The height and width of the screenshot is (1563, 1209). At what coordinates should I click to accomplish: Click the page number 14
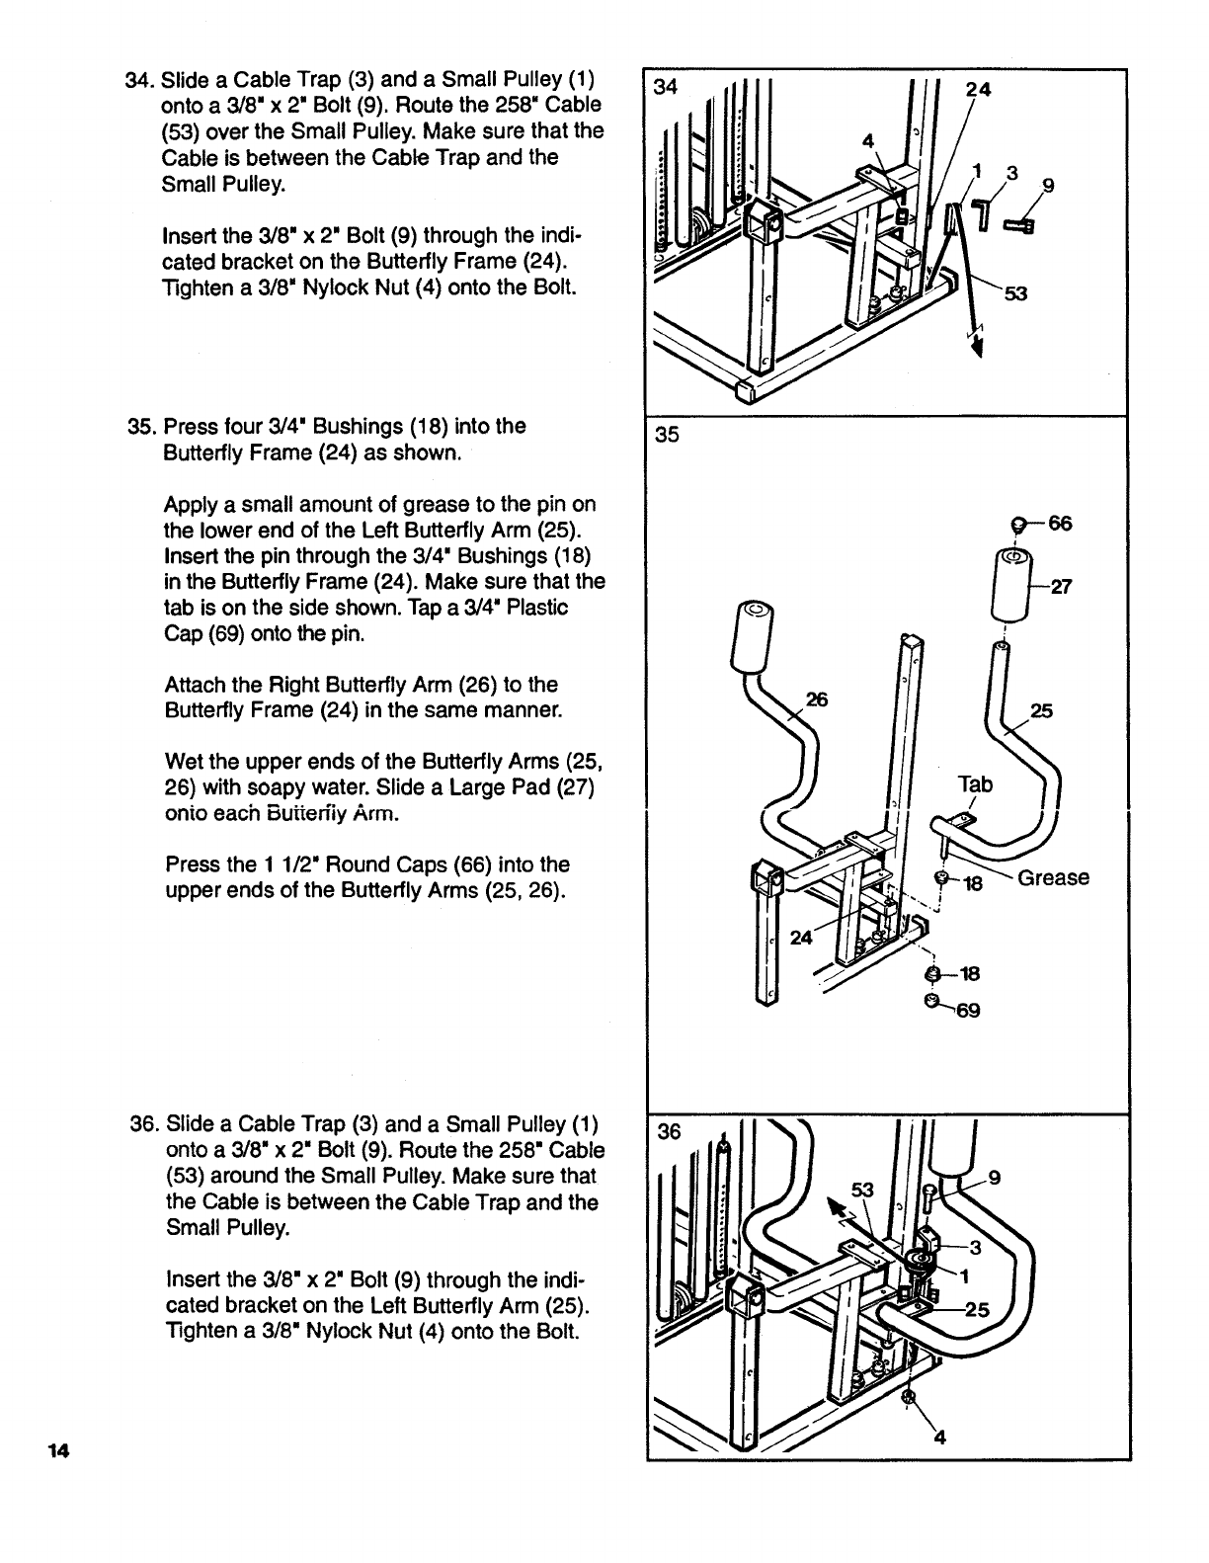[58, 1450]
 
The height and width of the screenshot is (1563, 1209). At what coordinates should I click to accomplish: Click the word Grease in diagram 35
[1053, 877]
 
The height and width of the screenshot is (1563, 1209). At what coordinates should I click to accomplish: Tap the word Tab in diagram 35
[975, 784]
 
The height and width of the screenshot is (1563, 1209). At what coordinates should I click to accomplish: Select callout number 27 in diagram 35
[1060, 587]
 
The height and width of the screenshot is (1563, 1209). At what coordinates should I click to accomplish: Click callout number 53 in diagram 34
[1016, 293]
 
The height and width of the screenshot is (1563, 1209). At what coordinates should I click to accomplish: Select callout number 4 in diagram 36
[939, 1439]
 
